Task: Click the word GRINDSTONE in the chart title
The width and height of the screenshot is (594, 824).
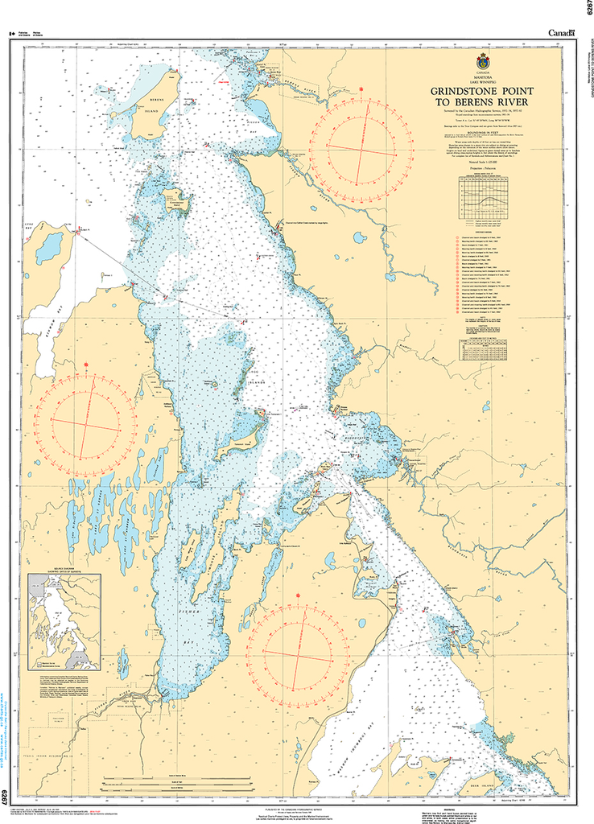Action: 466,92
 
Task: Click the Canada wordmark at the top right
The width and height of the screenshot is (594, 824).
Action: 561,32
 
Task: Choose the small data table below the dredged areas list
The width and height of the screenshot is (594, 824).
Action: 485,351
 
